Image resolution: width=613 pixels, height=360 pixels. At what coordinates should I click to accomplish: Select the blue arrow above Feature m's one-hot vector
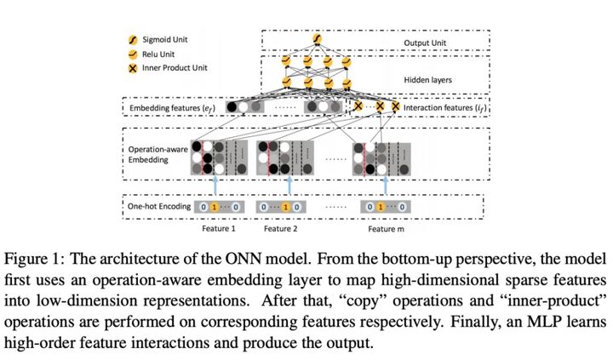(x=387, y=185)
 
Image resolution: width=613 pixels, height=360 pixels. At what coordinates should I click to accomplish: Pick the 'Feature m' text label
(x=387, y=229)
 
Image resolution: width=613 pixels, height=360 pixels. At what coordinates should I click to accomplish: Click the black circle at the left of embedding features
(x=231, y=108)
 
